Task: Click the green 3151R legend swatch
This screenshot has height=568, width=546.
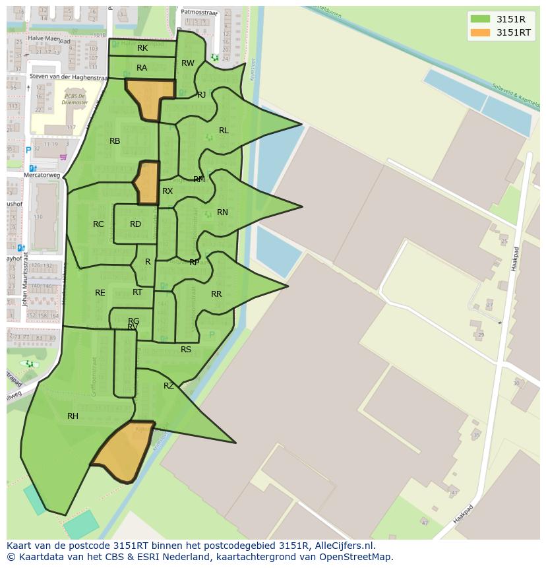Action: pyautogui.click(x=481, y=18)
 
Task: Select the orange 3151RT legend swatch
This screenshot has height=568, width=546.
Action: pyautogui.click(x=481, y=32)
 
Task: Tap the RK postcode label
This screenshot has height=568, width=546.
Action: pyautogui.click(x=142, y=48)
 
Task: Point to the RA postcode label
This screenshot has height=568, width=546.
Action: pyautogui.click(x=142, y=68)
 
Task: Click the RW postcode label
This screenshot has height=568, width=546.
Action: pyautogui.click(x=188, y=63)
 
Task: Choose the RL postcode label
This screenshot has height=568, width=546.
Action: pyautogui.click(x=224, y=131)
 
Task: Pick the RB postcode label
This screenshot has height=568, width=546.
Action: pyautogui.click(x=115, y=141)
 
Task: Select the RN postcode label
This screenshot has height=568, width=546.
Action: pyautogui.click(x=222, y=212)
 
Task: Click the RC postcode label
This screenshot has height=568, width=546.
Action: pyautogui.click(x=98, y=224)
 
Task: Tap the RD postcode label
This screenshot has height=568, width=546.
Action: pyautogui.click(x=135, y=224)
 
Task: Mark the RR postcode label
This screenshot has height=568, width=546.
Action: pyautogui.click(x=216, y=294)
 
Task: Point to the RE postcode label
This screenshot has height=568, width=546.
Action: pyautogui.click(x=100, y=293)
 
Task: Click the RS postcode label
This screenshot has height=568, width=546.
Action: pyautogui.click(x=186, y=350)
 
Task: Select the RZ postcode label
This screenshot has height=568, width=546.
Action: pyautogui.click(x=169, y=386)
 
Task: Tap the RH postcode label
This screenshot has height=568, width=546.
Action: pyautogui.click(x=73, y=416)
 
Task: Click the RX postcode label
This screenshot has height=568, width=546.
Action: pyautogui.click(x=167, y=191)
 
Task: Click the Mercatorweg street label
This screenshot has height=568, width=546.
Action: pyautogui.click(x=42, y=175)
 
